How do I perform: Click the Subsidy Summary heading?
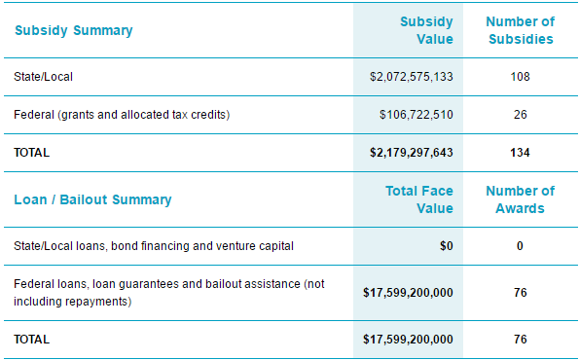[73, 30]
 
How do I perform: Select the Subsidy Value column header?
[426, 30]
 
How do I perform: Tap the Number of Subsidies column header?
[520, 30]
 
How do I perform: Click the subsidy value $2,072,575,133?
[412, 76]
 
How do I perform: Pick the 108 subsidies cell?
[520, 76]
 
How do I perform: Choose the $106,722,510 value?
[416, 115]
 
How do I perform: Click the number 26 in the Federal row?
[520, 115]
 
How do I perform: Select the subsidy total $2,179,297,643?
[412, 153]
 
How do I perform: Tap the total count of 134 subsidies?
[520, 153]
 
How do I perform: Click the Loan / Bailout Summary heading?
[92, 199]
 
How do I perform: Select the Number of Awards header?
[520, 199]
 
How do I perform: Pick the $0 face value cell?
[446, 246]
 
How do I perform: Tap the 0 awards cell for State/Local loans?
[520, 246]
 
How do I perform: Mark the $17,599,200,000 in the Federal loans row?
[408, 292]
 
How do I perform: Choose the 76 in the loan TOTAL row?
[520, 340]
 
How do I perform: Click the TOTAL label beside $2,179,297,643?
[31, 153]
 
